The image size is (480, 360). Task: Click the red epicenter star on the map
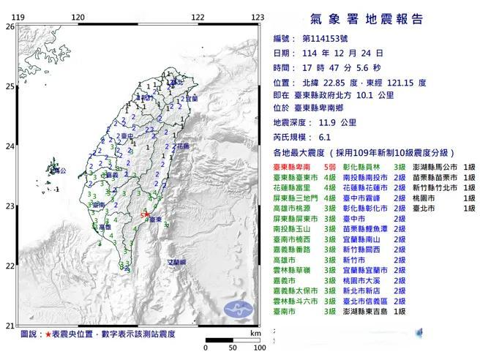tap(146, 215)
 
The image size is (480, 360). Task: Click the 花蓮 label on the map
tap(181, 146)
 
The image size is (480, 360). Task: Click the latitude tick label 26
tap(10, 26)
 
